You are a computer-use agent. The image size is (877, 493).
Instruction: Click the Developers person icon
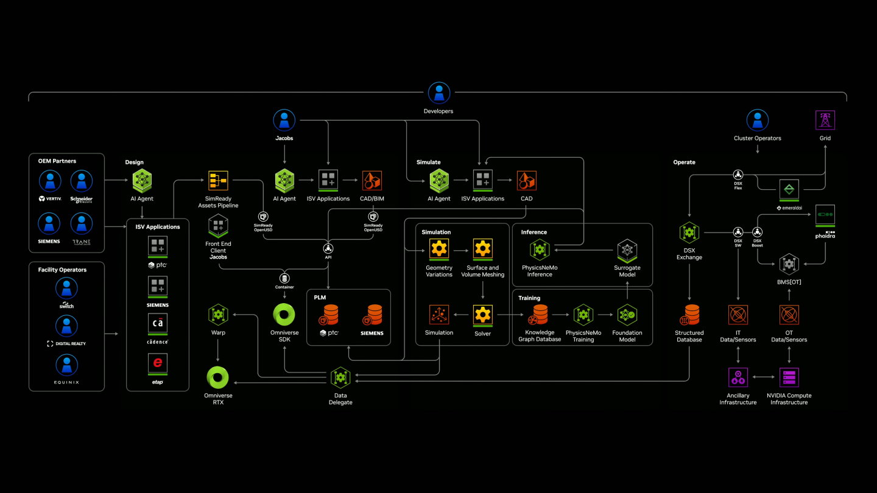(438, 93)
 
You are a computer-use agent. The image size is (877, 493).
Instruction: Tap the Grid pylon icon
(825, 120)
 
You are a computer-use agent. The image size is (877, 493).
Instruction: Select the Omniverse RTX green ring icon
(218, 377)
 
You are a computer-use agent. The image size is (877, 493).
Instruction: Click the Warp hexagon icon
(218, 315)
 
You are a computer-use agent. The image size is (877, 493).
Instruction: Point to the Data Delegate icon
(340, 378)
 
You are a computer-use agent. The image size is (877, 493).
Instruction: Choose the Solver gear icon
(482, 315)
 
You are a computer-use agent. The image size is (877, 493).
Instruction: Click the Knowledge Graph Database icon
(539, 315)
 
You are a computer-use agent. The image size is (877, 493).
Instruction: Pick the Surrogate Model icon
(627, 250)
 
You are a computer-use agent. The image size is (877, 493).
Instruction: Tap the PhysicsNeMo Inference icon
(540, 250)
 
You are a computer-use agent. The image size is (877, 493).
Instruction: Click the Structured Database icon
(689, 315)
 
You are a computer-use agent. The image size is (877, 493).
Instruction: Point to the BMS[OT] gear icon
(789, 264)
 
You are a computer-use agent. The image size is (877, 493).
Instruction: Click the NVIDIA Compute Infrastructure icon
(789, 377)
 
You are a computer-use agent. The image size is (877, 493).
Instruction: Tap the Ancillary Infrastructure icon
(738, 377)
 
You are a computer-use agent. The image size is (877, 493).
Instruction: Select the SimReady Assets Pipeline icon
(217, 181)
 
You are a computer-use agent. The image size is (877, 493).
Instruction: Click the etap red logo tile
(158, 363)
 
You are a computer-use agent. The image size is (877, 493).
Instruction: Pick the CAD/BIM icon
(372, 181)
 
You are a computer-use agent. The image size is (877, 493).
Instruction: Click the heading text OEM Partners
(57, 161)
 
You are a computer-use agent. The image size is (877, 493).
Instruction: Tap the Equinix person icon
(66, 365)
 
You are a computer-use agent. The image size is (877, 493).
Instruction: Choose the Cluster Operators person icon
(757, 120)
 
